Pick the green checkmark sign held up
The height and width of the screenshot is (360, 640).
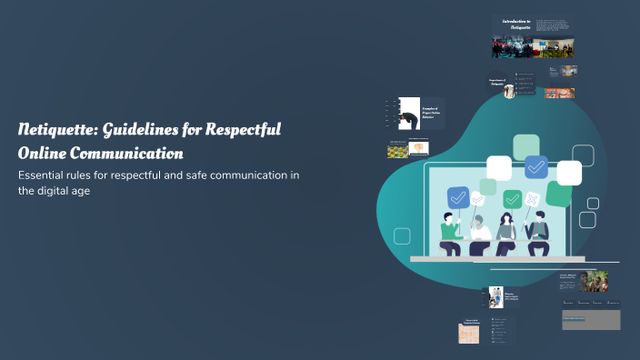pos(513,198)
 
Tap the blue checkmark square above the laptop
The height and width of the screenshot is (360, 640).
pos(535,166)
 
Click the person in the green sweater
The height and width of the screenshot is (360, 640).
pos(450,233)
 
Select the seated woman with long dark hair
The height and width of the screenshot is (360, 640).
pos(506,234)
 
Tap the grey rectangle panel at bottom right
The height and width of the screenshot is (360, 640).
pos(591,319)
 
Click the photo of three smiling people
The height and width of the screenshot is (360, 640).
pos(594,281)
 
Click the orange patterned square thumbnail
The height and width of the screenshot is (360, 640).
pos(469,334)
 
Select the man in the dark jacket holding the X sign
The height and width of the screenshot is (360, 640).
pos(539,234)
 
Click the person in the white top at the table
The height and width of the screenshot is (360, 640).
pos(479,235)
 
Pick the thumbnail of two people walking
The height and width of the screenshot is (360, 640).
pos(496,296)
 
